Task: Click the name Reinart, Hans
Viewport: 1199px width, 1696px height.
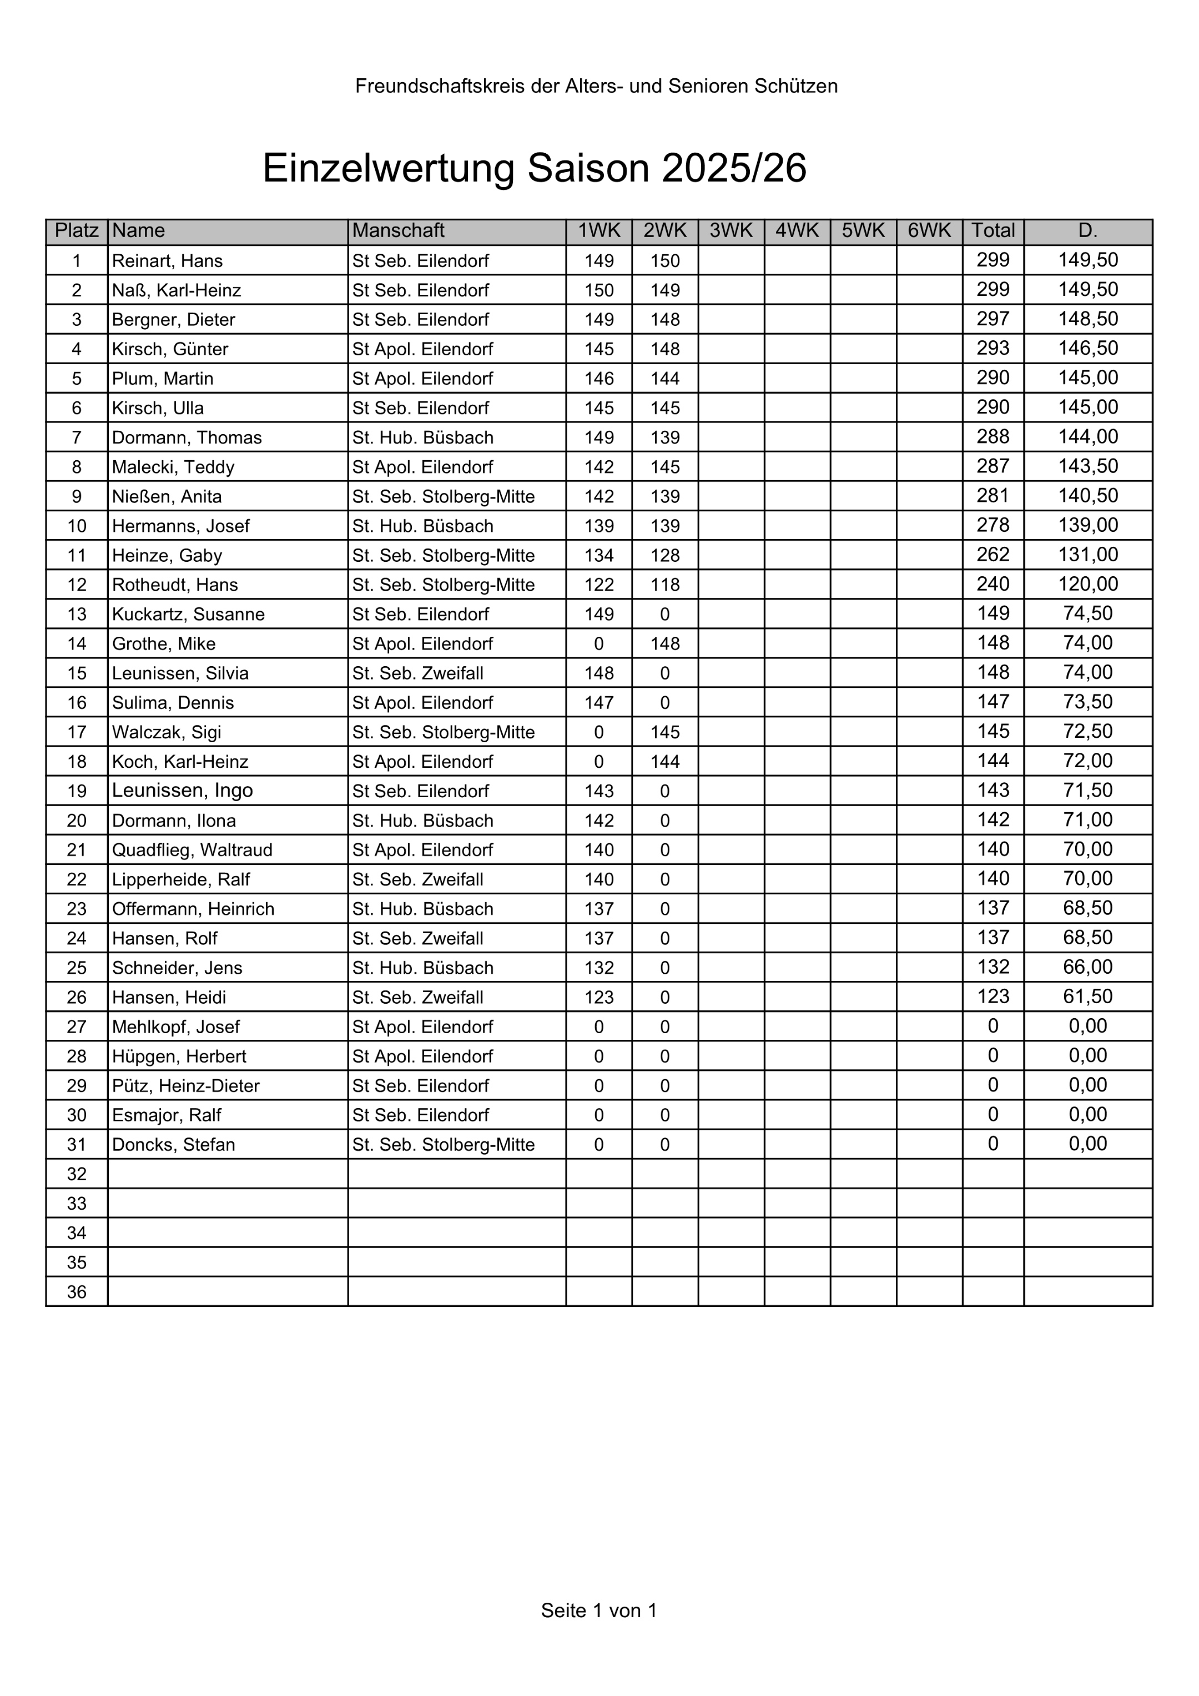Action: coord(167,261)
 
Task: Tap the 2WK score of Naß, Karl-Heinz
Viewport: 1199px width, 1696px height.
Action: coord(665,290)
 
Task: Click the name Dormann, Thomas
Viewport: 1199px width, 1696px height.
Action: coord(187,437)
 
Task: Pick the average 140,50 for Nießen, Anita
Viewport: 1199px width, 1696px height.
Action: coord(1087,496)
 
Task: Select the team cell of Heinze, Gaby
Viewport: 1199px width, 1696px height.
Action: coord(444,556)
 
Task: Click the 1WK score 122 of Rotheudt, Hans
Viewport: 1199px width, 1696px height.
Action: coord(598,585)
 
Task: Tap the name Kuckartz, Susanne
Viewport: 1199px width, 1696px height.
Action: coord(188,614)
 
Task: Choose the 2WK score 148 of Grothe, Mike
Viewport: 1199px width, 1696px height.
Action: coord(665,643)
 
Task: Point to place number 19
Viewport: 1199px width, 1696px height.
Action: coord(77,791)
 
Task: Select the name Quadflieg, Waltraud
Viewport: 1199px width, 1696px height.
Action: coord(192,850)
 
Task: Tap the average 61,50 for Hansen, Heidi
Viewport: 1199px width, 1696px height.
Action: coord(1087,997)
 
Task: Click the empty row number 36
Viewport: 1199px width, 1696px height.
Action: coord(77,1292)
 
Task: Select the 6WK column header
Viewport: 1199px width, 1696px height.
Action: coord(929,231)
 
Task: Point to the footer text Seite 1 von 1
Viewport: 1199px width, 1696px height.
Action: coord(598,1611)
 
